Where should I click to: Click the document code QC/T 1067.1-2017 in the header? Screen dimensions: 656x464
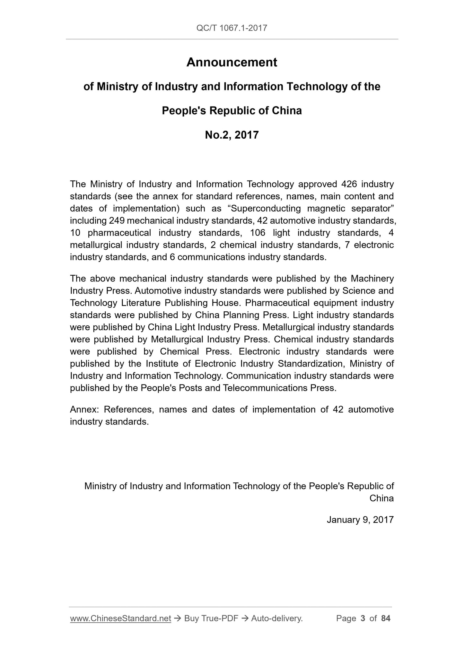click(x=232, y=28)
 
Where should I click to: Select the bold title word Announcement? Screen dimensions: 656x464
click(x=232, y=62)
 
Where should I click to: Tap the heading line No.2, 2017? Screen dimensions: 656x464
click(x=232, y=135)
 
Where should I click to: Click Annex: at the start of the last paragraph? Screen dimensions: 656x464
click(x=84, y=410)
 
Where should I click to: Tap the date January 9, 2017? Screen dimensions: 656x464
click(x=360, y=520)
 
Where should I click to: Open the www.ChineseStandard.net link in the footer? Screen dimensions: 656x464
click(x=120, y=618)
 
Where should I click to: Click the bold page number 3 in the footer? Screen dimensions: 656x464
click(x=363, y=618)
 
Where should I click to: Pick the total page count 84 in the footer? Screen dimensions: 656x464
click(x=386, y=618)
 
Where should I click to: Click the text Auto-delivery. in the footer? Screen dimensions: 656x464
click(x=277, y=618)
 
